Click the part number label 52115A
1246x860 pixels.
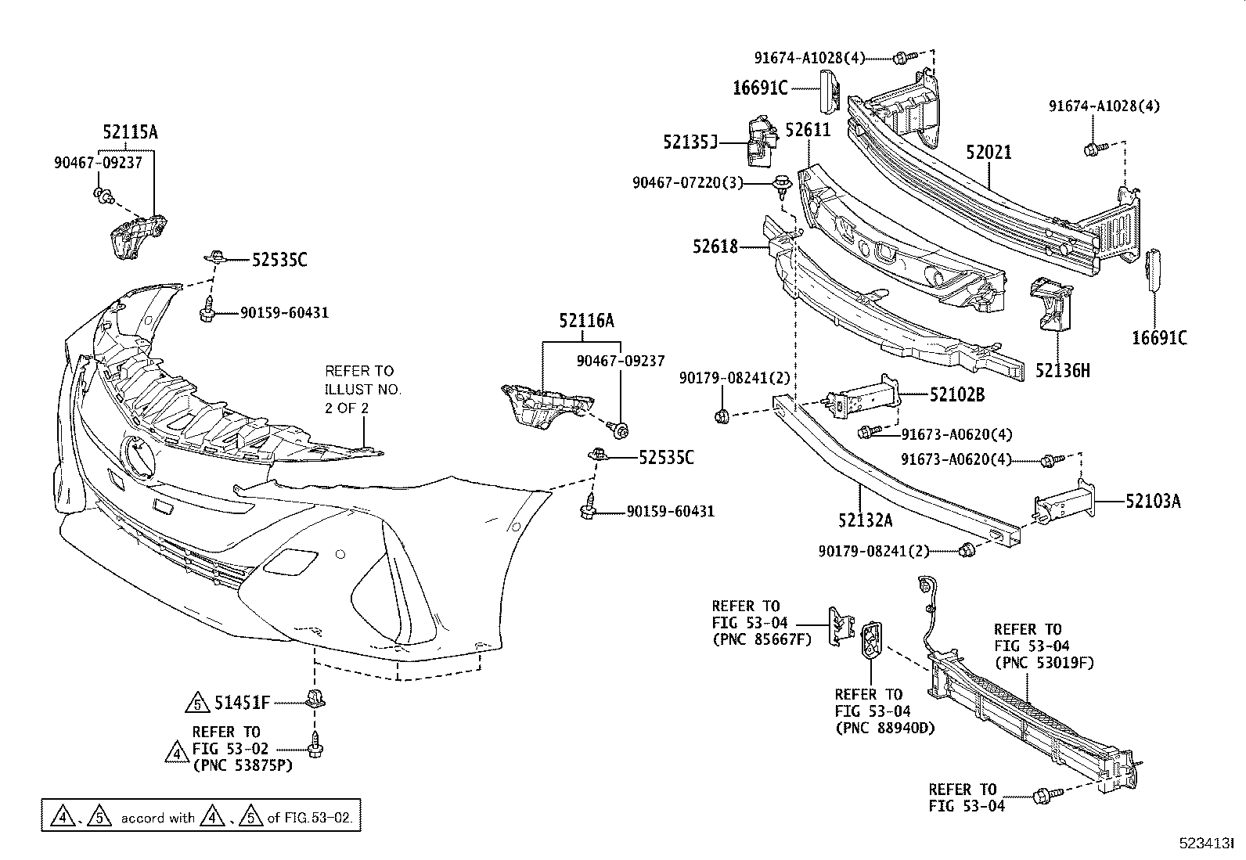coord(129,132)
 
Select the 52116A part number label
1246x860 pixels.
coord(586,320)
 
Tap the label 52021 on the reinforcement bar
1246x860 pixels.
coord(988,153)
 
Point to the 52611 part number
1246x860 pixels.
coord(808,130)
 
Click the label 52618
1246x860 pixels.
coord(715,246)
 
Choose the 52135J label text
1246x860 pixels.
coord(690,142)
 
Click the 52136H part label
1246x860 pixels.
coord(1062,370)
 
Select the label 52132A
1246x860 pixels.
coord(865,519)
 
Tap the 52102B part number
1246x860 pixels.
coord(957,395)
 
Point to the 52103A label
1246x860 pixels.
coord(1153,501)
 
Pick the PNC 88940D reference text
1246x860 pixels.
coord(884,728)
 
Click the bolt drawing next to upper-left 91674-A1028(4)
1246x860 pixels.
coord(902,57)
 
